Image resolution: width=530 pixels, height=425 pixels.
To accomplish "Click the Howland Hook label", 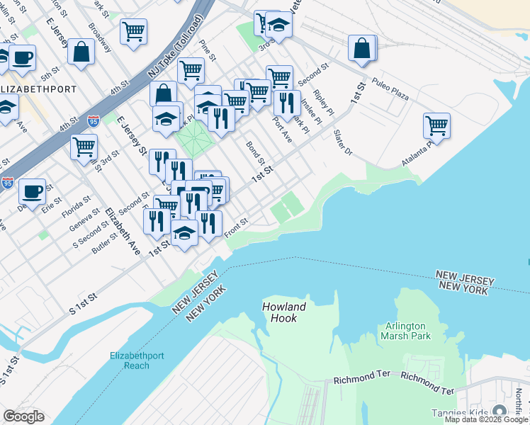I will coord(283,312).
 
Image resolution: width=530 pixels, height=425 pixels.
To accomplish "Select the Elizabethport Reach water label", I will coord(140,361).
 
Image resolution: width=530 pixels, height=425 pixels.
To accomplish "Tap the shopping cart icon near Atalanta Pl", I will coord(436,126).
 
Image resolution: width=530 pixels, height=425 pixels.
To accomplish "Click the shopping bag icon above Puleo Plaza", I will coord(361,47).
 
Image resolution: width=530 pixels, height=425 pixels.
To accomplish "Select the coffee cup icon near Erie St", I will coord(32,191).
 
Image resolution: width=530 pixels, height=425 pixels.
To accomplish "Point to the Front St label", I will coord(236,227).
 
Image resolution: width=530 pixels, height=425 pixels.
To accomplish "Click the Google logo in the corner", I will coord(23,416).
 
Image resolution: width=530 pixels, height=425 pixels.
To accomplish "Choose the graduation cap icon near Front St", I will coord(184,234).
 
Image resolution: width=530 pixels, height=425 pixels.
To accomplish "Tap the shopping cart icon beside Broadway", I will coord(132,32).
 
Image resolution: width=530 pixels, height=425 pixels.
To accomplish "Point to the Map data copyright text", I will coord(486,420).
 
